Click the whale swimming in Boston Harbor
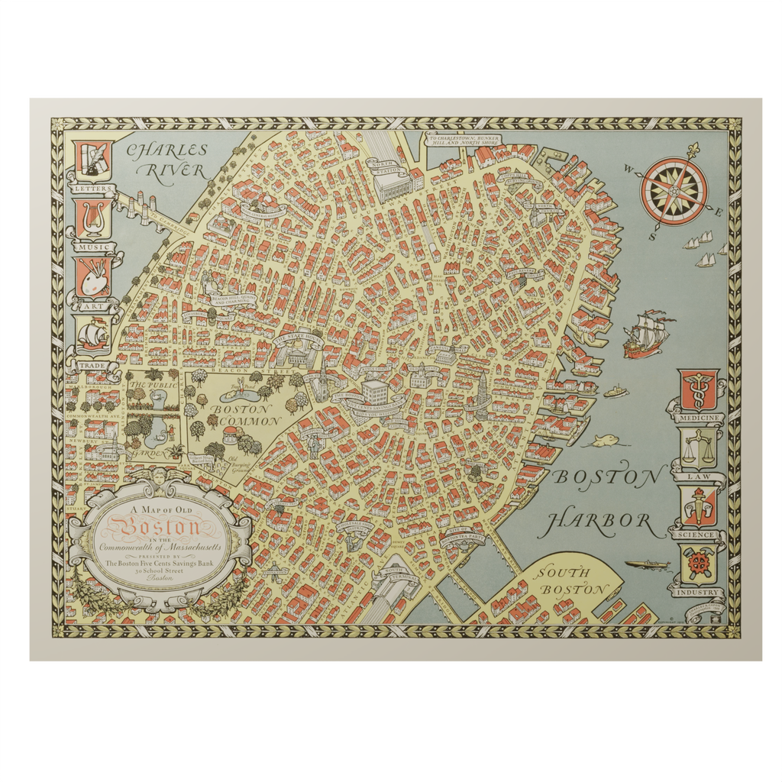601,441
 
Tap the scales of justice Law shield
700,448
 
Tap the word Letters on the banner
92,188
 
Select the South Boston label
570,581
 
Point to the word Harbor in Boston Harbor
600,523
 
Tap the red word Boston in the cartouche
158,527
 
